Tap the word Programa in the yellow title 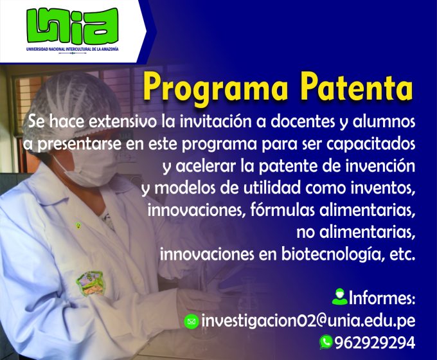215,87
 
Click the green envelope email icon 192,321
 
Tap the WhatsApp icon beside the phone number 326,342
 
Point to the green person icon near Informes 339,297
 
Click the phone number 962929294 375,343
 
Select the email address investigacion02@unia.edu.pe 308,321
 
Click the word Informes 382,298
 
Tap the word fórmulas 282,210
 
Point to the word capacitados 370,144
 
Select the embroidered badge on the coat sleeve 91,283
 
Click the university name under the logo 73,50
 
